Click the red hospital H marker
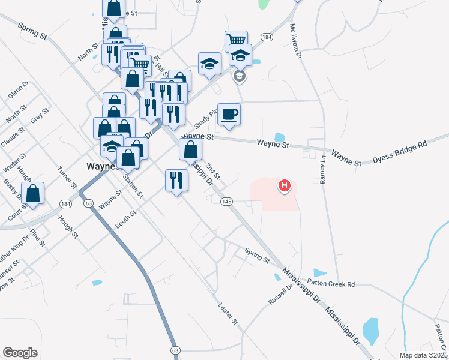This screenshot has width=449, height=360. [285, 186]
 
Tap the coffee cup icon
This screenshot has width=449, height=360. [229, 113]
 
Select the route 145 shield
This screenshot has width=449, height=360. [226, 201]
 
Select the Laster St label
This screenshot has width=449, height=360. [229, 314]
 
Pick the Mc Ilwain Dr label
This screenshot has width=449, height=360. [295, 41]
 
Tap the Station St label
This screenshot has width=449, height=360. [133, 185]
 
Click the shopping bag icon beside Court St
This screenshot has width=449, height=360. [34, 193]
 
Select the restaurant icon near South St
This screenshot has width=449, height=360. [176, 180]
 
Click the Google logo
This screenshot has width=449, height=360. [20, 352]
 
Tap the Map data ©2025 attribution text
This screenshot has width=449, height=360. [423, 355]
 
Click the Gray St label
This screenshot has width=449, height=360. [40, 114]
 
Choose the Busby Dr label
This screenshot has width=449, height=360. [12, 190]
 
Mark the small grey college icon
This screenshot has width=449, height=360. [239, 76]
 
